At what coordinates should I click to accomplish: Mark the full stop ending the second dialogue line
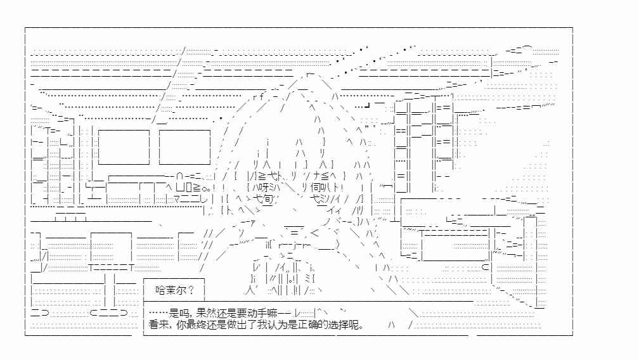pos(363,326)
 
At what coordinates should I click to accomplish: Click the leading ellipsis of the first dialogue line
pos(158,313)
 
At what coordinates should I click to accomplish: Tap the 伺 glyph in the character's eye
pos(316,188)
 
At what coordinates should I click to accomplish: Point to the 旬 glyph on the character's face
pos(268,199)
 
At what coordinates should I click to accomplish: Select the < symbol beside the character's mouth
pos(314,233)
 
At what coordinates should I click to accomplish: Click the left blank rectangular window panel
pos(124,147)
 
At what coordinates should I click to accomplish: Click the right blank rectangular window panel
pos(184,147)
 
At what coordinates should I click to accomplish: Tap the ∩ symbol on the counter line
pos(180,176)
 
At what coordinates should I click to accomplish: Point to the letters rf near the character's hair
pos(259,97)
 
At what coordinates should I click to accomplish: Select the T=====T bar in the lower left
pos(112,267)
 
